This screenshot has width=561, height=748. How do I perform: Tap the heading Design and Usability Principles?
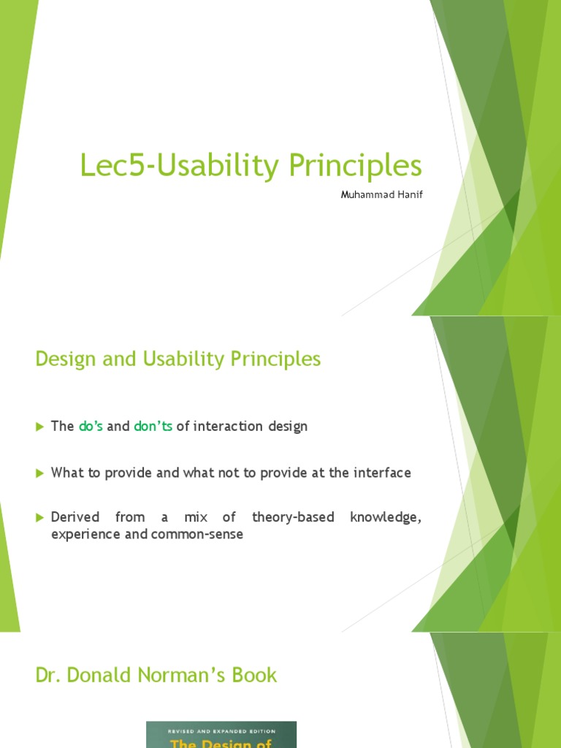tap(178, 359)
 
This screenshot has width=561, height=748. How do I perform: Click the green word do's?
tap(91, 427)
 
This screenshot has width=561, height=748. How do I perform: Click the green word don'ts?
tap(153, 427)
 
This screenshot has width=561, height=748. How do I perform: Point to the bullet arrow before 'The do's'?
tap(40, 427)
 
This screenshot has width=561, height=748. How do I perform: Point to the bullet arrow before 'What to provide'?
tap(40, 473)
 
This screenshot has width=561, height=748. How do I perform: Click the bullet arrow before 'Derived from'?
tap(40, 518)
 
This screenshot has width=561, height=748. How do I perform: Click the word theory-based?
tap(293, 517)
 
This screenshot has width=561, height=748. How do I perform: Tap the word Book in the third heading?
tap(255, 675)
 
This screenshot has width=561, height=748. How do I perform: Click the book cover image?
tap(221, 735)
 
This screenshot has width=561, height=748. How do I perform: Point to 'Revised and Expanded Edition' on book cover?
tap(221, 728)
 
